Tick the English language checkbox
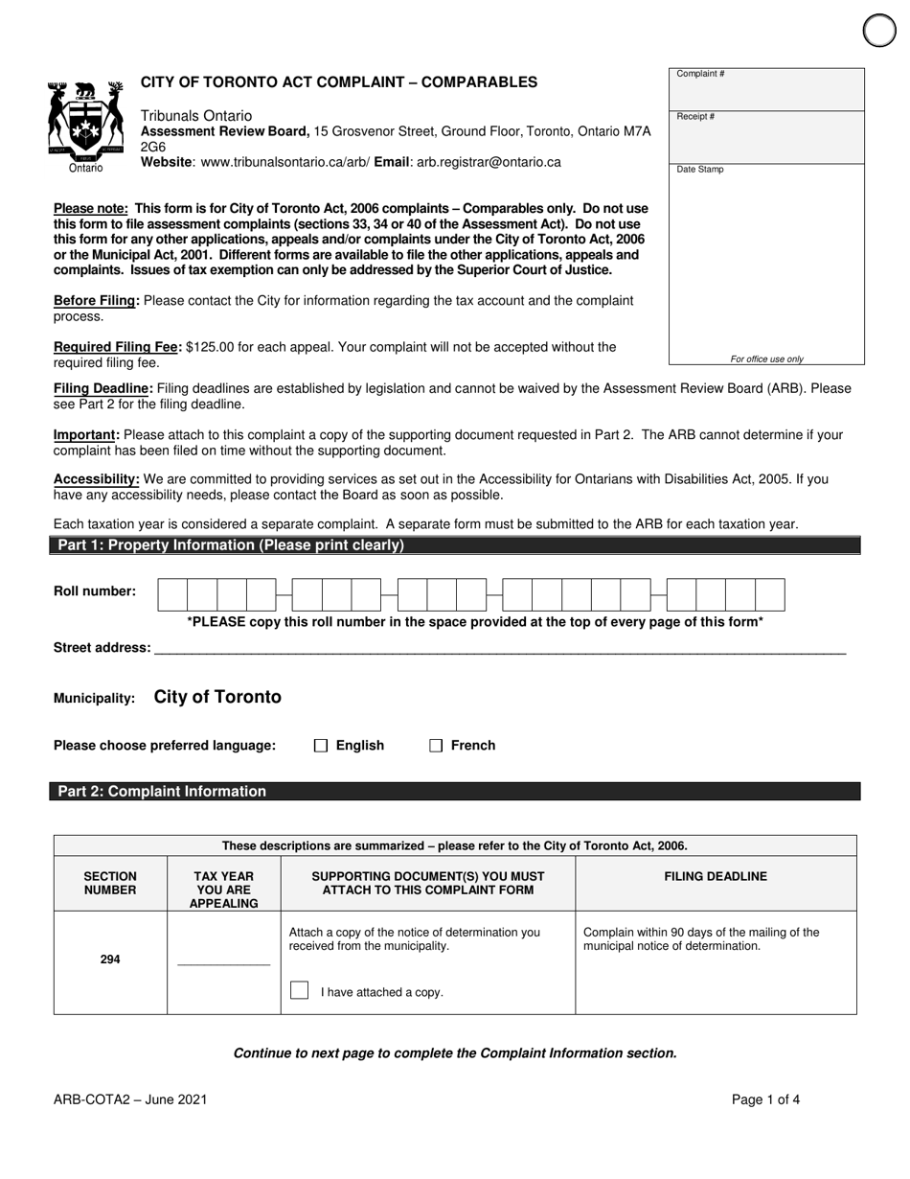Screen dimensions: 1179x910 321,746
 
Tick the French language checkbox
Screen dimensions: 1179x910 436,746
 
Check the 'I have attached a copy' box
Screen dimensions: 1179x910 299,990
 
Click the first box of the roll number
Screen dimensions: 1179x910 172,595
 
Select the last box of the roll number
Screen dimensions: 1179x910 770,595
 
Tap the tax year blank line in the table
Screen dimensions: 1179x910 224,959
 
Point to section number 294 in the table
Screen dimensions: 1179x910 110,959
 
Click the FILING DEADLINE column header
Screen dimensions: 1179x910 716,876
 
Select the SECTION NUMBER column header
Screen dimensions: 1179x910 110,883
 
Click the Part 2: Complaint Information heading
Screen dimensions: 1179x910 163,792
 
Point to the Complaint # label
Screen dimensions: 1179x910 700,74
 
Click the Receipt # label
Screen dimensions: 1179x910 695,117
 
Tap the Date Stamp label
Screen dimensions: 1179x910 700,170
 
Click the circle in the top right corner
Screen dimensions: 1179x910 879,31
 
